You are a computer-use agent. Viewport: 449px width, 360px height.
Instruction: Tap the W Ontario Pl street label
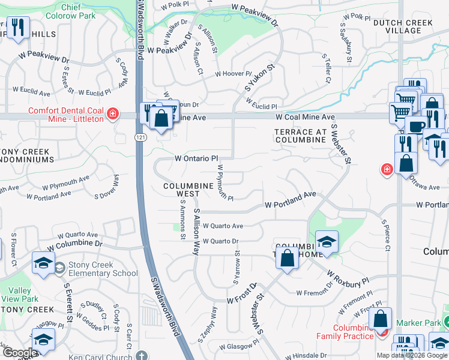(x=196, y=158)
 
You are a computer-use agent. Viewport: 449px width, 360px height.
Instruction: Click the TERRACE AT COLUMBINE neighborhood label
(x=302, y=136)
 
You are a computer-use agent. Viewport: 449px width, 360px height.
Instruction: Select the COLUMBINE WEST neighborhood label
(x=187, y=190)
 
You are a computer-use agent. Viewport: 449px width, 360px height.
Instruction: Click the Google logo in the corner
(x=20, y=353)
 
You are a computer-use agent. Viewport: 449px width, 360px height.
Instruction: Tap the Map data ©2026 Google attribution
(x=411, y=355)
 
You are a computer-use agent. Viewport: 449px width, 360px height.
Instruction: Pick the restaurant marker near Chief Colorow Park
(x=18, y=28)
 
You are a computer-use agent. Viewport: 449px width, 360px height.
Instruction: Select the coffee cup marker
(x=416, y=127)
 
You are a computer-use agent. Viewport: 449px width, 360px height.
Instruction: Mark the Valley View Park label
(x=20, y=295)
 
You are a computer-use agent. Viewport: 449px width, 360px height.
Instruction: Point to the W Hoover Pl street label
(x=233, y=74)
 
